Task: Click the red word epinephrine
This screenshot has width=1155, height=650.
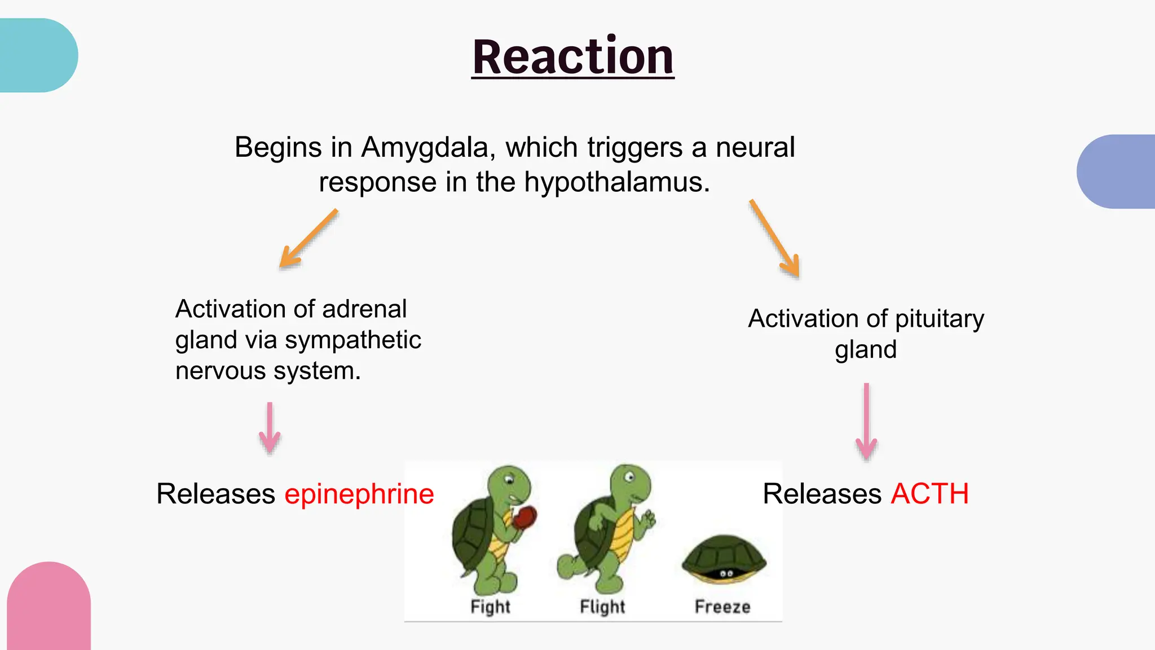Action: (359, 494)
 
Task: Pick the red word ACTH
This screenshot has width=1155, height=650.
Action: (929, 494)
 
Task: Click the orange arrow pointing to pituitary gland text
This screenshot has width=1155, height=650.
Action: (775, 239)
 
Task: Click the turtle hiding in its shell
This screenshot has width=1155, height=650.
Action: (724, 559)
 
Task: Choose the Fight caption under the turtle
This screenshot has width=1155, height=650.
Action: (490, 607)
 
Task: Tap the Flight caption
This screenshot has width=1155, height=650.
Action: (602, 607)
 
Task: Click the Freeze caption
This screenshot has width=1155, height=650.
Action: (722, 607)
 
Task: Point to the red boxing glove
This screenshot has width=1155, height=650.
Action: (527, 517)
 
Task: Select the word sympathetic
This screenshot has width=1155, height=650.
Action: (352, 340)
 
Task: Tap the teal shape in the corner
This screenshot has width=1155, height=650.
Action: (37, 55)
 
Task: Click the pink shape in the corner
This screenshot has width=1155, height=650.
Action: (49, 607)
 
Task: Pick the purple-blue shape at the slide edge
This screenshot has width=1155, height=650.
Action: (1117, 172)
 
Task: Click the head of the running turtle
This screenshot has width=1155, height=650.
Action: (631, 481)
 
